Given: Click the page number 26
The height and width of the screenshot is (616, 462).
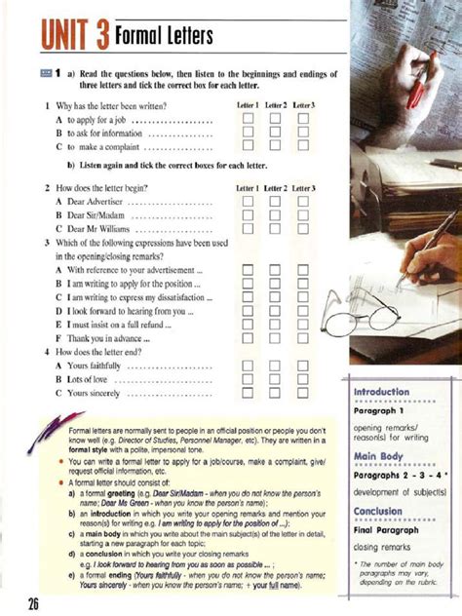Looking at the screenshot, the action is [32, 603].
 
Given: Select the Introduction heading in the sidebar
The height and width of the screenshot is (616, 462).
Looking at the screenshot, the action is [381, 392].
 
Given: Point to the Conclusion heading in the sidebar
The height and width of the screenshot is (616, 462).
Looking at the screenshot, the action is [378, 511].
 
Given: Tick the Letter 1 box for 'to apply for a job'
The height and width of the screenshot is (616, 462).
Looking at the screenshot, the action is [248, 119].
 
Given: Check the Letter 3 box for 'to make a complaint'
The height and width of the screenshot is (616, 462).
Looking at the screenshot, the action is [303, 146].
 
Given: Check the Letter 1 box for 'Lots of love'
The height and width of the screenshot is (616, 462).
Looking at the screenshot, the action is [248, 379].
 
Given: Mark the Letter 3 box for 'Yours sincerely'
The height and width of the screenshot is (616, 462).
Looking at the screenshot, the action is [303, 394].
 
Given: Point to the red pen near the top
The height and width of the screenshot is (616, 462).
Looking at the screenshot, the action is [417, 83].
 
